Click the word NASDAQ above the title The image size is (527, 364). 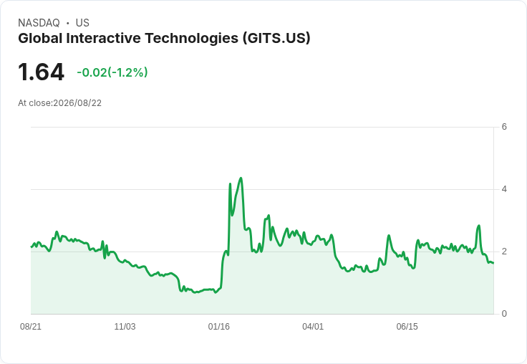click(x=39, y=23)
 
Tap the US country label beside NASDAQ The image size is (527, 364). click(x=82, y=23)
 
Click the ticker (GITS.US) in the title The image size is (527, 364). click(x=276, y=38)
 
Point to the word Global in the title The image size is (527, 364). click(x=40, y=38)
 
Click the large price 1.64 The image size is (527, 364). click(x=41, y=72)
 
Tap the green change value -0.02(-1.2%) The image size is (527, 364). click(x=112, y=72)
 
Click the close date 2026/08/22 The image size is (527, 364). click(x=77, y=103)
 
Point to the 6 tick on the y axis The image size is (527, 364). click(x=504, y=127)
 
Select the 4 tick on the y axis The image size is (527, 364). click(x=504, y=189)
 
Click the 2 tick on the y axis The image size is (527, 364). click(x=504, y=252)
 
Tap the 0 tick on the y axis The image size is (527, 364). click(x=504, y=314)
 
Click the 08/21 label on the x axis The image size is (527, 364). click(x=31, y=327)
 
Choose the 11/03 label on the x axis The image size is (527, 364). click(x=125, y=327)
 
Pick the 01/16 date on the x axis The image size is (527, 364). click(x=219, y=327)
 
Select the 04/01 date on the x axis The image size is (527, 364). click(x=313, y=327)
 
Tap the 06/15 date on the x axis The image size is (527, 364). click(x=407, y=327)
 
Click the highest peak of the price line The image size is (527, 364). click(x=241, y=178)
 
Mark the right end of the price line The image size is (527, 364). click(x=493, y=263)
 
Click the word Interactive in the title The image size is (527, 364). click(x=104, y=38)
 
